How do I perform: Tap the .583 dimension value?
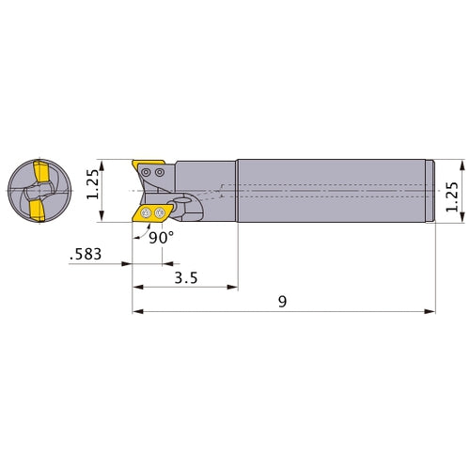87,254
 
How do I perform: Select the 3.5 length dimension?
185,279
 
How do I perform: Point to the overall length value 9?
282,301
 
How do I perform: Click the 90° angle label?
162,238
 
